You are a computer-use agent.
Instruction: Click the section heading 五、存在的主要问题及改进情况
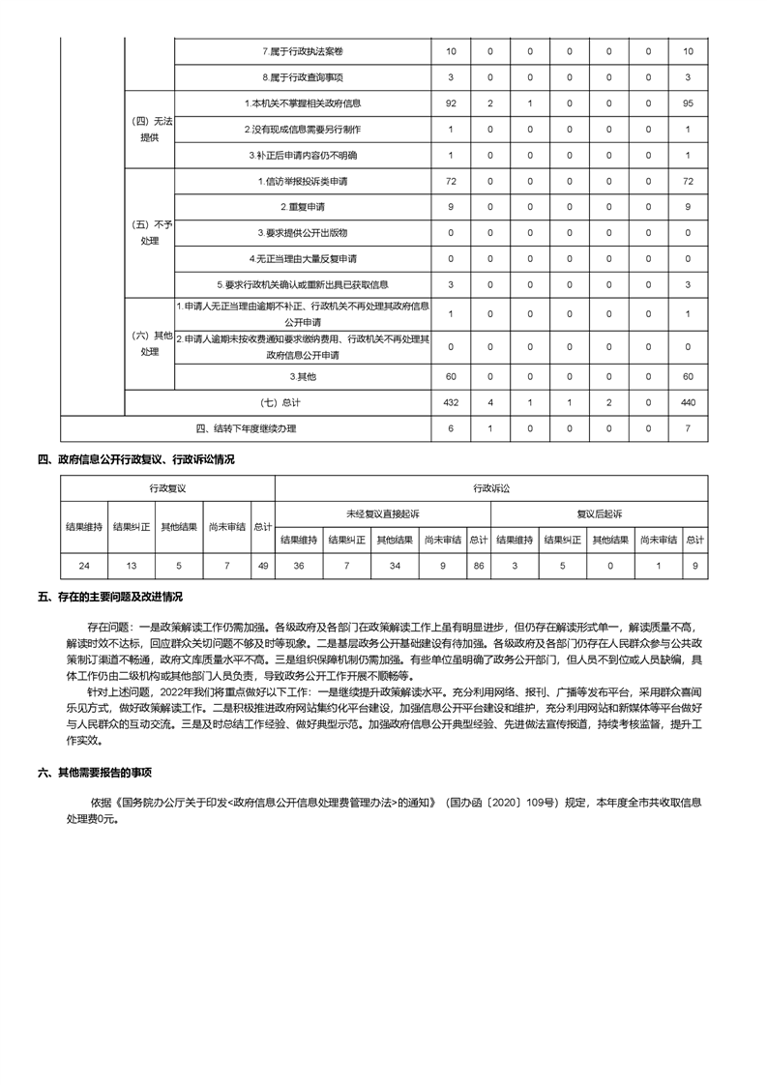110,598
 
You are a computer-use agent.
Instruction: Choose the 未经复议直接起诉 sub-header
383,513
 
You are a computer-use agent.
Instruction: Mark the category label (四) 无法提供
150,129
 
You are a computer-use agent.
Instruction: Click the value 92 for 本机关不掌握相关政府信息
451,103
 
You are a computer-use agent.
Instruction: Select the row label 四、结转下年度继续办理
247,428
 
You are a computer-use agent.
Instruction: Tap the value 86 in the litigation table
479,565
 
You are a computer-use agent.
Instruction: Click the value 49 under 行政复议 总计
263,565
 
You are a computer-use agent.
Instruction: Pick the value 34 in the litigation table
395,565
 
